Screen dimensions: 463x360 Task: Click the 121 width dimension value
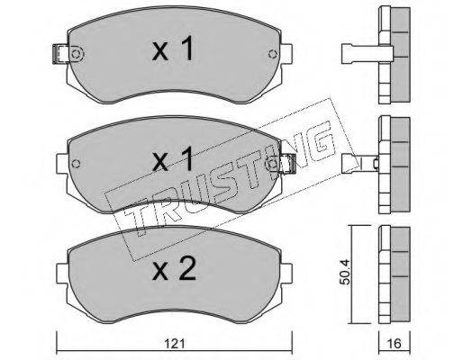pos(175,344)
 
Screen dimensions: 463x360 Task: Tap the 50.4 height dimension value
pos(347,273)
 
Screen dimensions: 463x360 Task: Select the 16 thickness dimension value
pos(395,344)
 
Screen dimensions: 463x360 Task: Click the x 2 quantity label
pos(174,268)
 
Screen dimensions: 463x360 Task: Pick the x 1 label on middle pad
pos(173,159)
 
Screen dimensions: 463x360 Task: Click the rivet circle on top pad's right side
pos(273,54)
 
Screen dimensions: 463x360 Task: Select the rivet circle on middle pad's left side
pos(77,164)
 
